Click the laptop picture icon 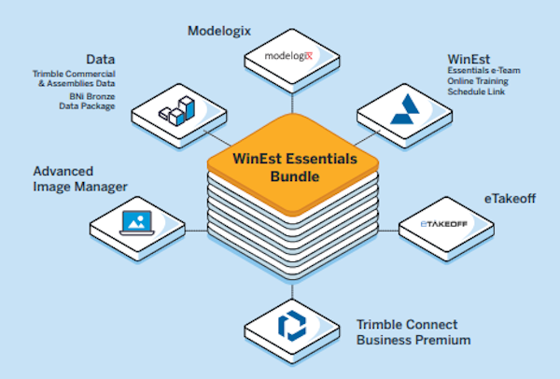pyautogui.click(x=136, y=220)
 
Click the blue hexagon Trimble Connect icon pyautogui.click(x=291, y=323)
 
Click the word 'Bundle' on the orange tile pyautogui.click(x=289, y=176)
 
